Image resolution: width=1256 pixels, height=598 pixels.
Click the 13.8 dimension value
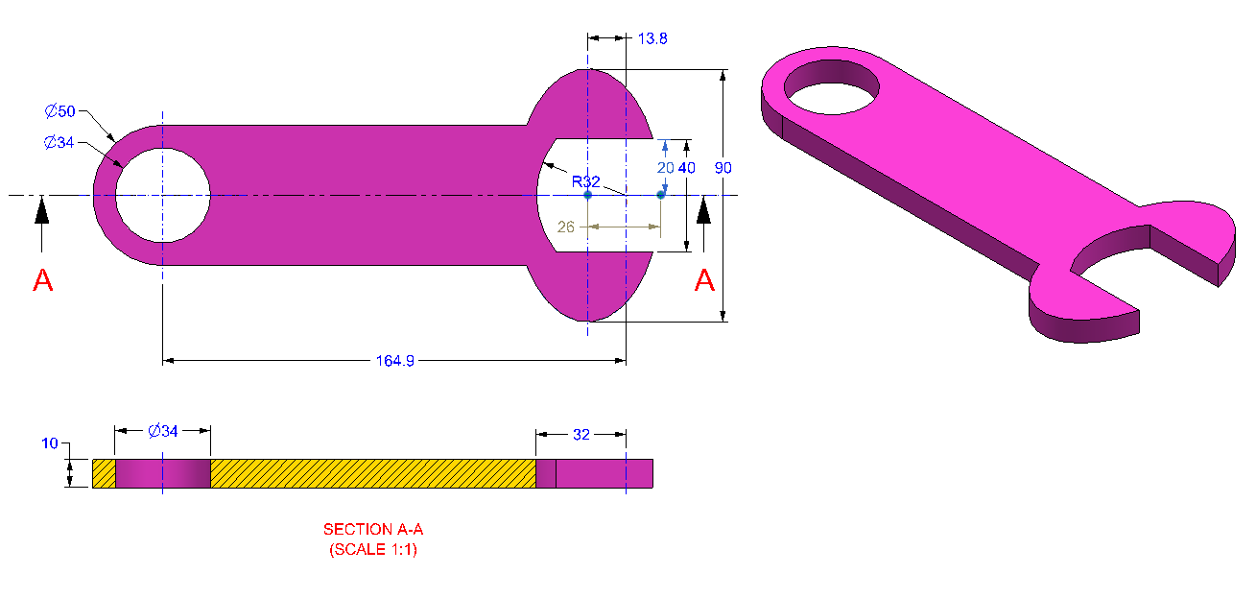[652, 39]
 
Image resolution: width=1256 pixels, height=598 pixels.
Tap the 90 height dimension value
[723, 168]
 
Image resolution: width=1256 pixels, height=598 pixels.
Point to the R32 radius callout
[585, 179]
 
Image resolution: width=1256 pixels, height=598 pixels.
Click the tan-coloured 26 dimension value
[566, 227]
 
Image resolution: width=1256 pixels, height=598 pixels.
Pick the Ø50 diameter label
[59, 111]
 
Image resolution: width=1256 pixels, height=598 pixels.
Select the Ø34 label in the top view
[59, 143]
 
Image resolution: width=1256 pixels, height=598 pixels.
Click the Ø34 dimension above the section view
[162, 431]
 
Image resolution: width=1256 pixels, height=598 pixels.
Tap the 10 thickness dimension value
[50, 443]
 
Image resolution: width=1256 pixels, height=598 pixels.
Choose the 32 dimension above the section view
[581, 434]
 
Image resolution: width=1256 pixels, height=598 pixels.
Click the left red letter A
[43, 281]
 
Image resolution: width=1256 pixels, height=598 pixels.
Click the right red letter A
[704, 281]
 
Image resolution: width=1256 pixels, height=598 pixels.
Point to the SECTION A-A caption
[373, 530]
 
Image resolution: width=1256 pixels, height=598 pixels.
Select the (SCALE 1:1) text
[373, 550]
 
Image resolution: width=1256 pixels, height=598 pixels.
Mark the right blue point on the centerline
[660, 195]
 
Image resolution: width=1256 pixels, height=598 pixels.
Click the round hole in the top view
[163, 195]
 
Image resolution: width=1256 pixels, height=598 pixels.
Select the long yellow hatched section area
[372, 473]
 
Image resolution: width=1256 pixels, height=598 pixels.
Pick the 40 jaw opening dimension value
[687, 168]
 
